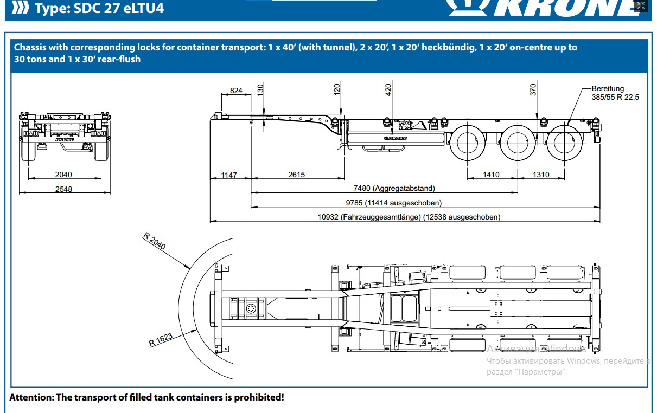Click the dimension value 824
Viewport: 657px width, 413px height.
[x=236, y=91]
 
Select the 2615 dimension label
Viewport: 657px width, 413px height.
[x=296, y=175]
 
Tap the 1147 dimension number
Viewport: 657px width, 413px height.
[x=229, y=175]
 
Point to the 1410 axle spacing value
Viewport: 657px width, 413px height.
[x=490, y=175]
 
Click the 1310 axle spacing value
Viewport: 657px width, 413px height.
[x=541, y=175]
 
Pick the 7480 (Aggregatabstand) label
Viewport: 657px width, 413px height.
[x=394, y=189]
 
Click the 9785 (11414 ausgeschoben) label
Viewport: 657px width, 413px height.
[x=393, y=203]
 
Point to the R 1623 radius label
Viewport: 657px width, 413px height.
[x=161, y=340]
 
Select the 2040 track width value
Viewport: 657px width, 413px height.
[x=63, y=175]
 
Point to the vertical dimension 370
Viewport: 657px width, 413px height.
[x=534, y=89]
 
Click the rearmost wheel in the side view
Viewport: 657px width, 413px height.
[x=565, y=142]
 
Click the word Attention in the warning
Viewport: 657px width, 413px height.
[x=31, y=397]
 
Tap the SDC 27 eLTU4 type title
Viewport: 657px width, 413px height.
[x=98, y=8]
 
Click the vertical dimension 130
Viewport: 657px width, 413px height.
[x=260, y=89]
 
